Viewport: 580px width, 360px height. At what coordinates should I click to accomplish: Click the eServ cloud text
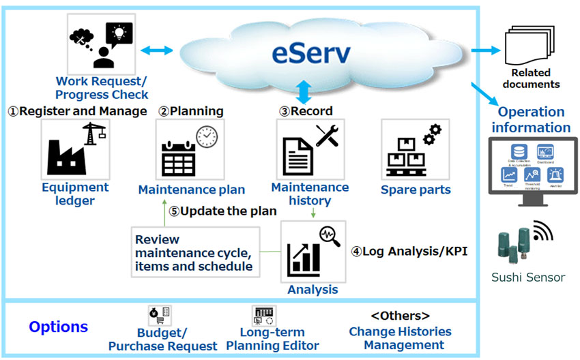(311, 51)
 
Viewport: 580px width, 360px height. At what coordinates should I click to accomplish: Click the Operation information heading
(531, 120)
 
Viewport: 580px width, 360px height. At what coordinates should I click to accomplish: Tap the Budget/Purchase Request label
(162, 339)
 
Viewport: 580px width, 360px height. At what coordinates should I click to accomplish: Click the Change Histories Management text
(399, 338)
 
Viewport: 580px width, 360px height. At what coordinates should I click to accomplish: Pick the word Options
(58, 327)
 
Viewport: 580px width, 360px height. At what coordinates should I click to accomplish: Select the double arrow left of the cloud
(158, 50)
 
